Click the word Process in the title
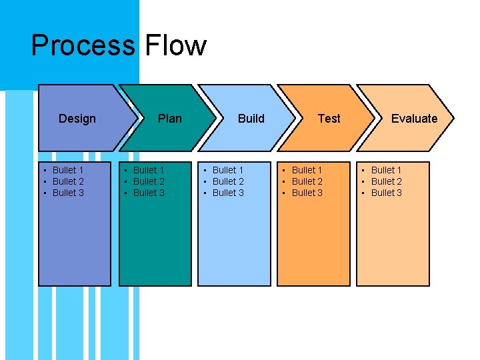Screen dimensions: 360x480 coord(82,46)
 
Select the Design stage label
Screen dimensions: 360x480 coord(77,119)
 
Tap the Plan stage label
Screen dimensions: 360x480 coord(169,119)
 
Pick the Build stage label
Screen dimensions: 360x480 coord(251,119)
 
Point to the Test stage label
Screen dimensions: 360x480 coord(329,119)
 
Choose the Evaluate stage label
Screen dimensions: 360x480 coord(414,119)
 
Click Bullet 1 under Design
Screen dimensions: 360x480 coord(68,170)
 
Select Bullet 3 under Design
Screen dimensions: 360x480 coord(68,193)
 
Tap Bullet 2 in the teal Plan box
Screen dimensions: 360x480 coord(149,181)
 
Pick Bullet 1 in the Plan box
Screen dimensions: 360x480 coord(149,170)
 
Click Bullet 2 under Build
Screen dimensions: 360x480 coord(228,181)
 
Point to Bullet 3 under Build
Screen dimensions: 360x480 coord(228,193)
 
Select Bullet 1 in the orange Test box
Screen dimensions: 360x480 coord(307,170)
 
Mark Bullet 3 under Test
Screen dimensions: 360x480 coord(307,193)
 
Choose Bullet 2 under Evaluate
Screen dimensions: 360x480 coord(387,181)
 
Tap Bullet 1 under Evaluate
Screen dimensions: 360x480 coord(387,170)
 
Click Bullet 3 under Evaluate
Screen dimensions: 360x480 coord(387,193)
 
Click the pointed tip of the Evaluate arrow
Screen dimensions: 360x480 coord(453,119)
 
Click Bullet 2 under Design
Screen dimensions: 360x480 coord(68,181)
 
